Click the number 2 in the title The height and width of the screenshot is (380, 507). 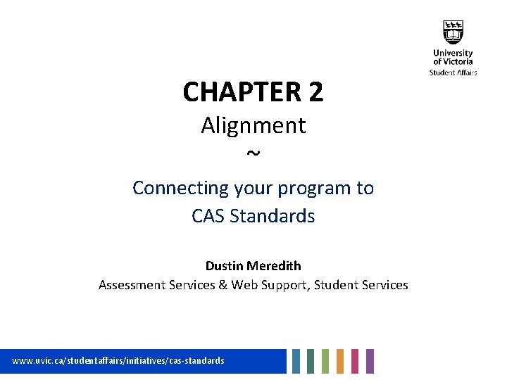point(315,92)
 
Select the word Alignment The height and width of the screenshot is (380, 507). point(254,125)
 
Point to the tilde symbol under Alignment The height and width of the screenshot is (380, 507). point(254,153)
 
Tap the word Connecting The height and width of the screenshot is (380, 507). point(171,189)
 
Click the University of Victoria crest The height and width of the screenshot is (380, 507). point(453,32)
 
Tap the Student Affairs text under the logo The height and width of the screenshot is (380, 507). point(453,72)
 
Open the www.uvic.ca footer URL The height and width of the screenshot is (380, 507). point(118,360)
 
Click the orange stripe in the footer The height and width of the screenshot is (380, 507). point(340,361)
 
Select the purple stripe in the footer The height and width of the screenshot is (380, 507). point(370,361)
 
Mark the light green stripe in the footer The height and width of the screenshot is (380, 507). point(325,361)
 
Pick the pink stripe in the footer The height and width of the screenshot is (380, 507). point(355,361)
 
